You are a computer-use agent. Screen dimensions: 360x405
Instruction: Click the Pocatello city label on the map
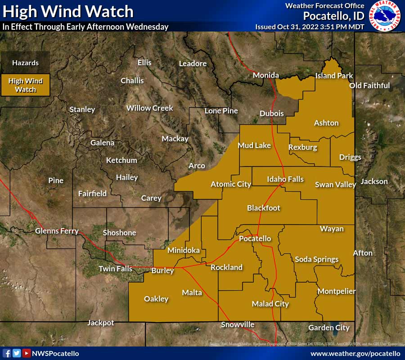tap(255, 238)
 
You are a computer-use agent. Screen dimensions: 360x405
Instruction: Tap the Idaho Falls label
tap(285, 179)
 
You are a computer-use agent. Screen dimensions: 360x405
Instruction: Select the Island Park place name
tap(334, 76)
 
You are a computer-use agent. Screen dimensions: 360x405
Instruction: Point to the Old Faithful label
tap(369, 85)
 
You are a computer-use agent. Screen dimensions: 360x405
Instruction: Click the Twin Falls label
tap(116, 269)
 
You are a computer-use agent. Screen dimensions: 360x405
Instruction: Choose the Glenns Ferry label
tap(57, 231)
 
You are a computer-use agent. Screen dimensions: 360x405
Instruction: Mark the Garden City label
tap(329, 328)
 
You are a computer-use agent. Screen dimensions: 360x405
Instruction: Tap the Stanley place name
tap(82, 109)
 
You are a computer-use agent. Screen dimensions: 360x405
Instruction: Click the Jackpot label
tap(100, 323)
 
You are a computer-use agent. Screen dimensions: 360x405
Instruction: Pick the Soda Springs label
tap(316, 259)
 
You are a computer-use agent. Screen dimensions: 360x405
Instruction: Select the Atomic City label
tap(231, 184)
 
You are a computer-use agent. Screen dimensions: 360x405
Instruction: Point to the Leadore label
tap(193, 63)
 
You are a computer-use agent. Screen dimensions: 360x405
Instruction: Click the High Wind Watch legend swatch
tap(25, 85)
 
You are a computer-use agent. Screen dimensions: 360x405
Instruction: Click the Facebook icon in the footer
tap(7, 353)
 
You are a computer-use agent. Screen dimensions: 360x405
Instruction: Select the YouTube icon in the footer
tap(27, 353)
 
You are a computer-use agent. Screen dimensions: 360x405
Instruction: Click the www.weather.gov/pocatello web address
tap(355, 354)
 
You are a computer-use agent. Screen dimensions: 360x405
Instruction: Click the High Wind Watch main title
tap(68, 11)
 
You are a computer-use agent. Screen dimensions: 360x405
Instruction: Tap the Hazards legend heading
tap(25, 63)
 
